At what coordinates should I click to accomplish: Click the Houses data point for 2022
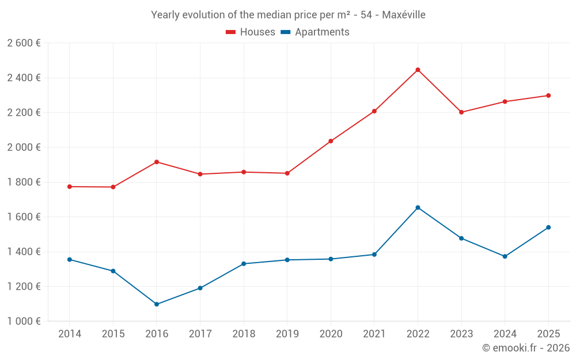click(418, 70)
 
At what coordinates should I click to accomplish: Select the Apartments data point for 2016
click(157, 304)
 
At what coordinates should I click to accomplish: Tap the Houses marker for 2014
click(70, 187)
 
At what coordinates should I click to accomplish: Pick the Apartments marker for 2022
click(418, 207)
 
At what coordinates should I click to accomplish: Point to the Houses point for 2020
click(331, 141)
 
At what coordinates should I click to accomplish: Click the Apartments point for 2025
click(548, 228)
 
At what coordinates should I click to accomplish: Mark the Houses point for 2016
click(157, 162)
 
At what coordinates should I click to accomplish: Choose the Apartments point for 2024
click(505, 256)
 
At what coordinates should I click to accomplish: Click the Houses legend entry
click(251, 32)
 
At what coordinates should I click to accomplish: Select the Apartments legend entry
click(315, 32)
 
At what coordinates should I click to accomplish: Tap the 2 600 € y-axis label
click(24, 43)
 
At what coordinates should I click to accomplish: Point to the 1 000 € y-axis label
click(24, 321)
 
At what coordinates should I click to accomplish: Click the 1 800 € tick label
click(24, 182)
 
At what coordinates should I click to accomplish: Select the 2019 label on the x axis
click(287, 334)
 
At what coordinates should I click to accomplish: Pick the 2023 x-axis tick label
click(461, 334)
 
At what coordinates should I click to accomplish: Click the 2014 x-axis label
click(70, 334)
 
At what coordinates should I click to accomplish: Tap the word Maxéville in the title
click(404, 15)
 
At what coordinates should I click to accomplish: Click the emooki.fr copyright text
click(526, 348)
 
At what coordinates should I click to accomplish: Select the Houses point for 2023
click(461, 112)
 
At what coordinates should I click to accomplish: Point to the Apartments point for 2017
click(200, 288)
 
